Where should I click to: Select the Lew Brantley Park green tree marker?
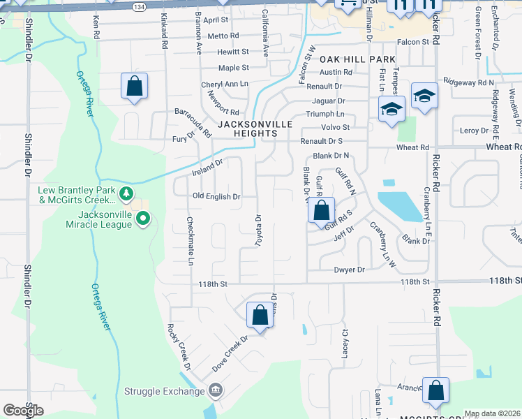pos(126,193)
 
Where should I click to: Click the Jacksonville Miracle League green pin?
pos(143,220)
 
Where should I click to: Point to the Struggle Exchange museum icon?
pos(216,390)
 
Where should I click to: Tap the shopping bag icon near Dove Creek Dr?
pos(260,316)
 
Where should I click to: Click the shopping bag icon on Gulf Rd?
pos(321,210)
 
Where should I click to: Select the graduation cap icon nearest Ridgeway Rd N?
pos(424,96)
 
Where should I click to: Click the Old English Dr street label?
pos(216,197)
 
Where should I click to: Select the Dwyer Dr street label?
pos(349,270)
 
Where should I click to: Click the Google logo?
pos(23,410)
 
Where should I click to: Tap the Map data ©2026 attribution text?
pos(492,413)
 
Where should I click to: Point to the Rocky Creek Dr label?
pos(178,347)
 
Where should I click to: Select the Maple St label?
pos(233,68)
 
